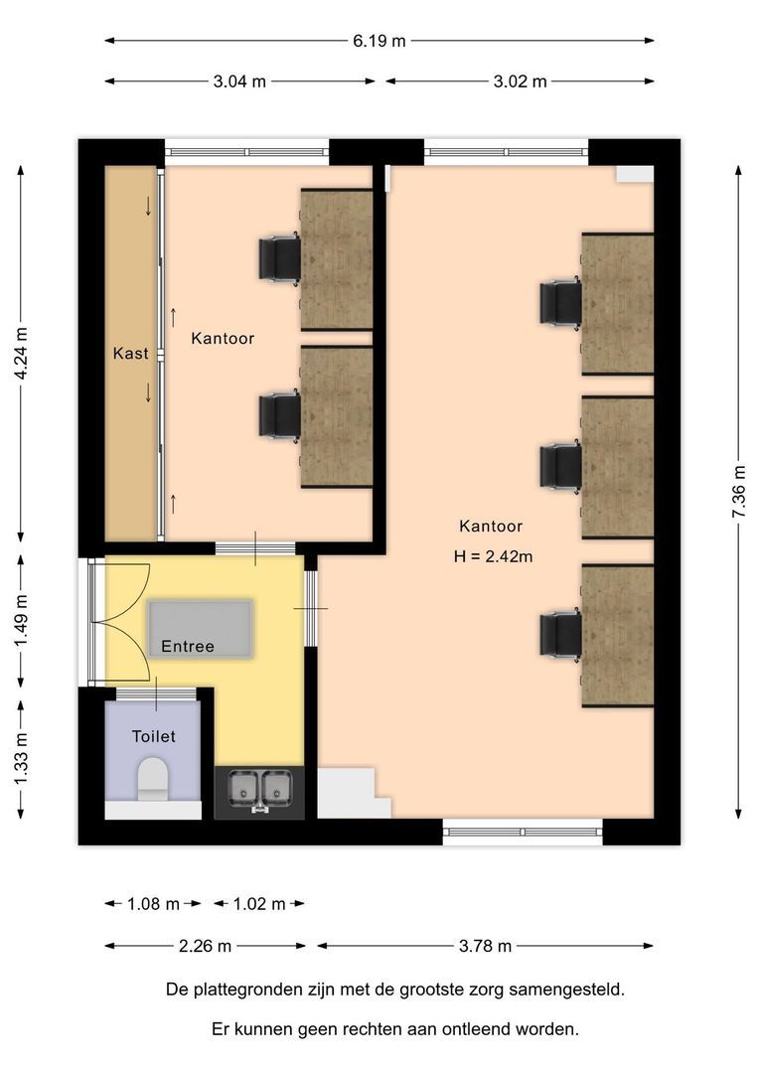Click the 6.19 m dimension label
tap(379, 41)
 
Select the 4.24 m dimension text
tap(21, 355)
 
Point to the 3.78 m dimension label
tap(485, 946)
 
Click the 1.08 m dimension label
tap(153, 904)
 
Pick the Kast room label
tap(130, 354)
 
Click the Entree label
tap(188, 647)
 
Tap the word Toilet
tap(153, 736)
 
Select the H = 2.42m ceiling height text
tap(493, 556)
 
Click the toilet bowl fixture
tap(153, 778)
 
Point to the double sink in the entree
tap(258, 792)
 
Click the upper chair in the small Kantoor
tap(279, 258)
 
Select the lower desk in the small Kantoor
tap(337, 416)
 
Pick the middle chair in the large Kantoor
tap(560, 467)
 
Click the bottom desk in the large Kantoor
tap(617, 635)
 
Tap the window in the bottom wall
tap(523, 833)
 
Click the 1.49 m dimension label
tap(21, 621)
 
